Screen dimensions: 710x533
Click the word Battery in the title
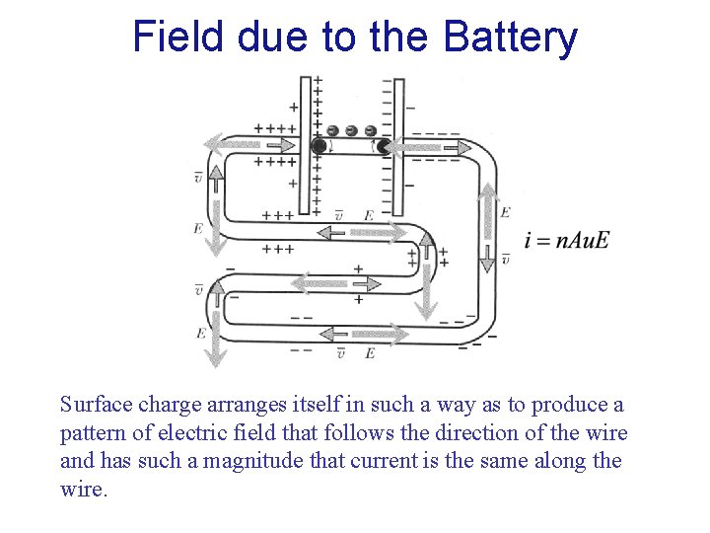pyautogui.click(x=511, y=37)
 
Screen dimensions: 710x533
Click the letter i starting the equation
pyautogui.click(x=529, y=241)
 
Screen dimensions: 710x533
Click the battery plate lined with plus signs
pyautogui.click(x=305, y=148)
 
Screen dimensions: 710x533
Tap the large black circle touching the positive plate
pyautogui.click(x=319, y=146)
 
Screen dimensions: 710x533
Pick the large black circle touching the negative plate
pyautogui.click(x=384, y=146)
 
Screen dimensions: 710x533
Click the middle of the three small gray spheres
pyautogui.click(x=351, y=130)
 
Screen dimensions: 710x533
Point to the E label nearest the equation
pyautogui.click(x=505, y=212)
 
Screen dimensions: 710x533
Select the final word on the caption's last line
pyautogui.click(x=82, y=490)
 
